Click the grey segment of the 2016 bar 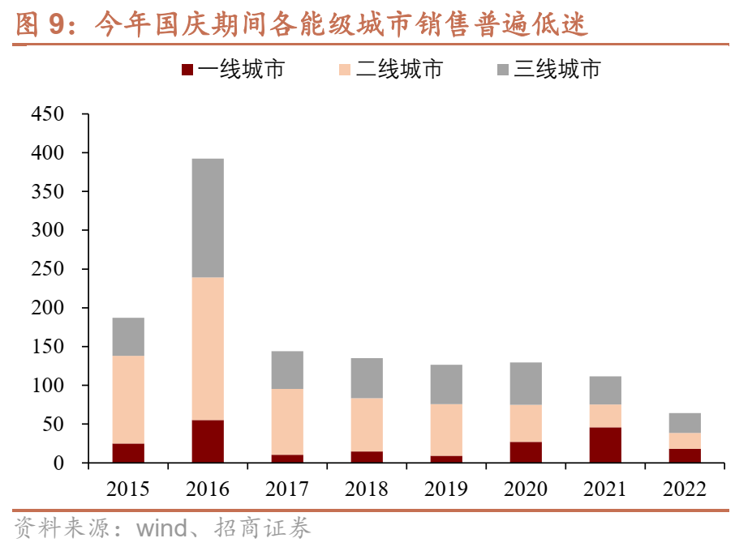pyautogui.click(x=208, y=218)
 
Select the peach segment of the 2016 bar pyautogui.click(x=208, y=348)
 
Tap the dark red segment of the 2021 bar pyautogui.click(x=605, y=445)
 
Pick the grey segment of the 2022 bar pyautogui.click(x=685, y=423)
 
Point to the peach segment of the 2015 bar pyautogui.click(x=128, y=399)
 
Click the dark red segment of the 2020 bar pyautogui.click(x=526, y=452)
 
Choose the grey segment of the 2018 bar pyautogui.click(x=367, y=378)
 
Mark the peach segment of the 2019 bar pyautogui.click(x=446, y=429)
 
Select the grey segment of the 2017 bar pyautogui.click(x=287, y=369)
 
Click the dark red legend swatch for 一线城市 pyautogui.click(x=186, y=70)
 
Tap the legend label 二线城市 pyautogui.click(x=399, y=70)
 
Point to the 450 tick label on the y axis pyautogui.click(x=47, y=114)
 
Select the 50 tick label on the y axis pyautogui.click(x=53, y=425)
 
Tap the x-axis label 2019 pyautogui.click(x=446, y=489)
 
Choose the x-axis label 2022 pyautogui.click(x=685, y=489)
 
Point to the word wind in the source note pyautogui.click(x=162, y=530)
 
